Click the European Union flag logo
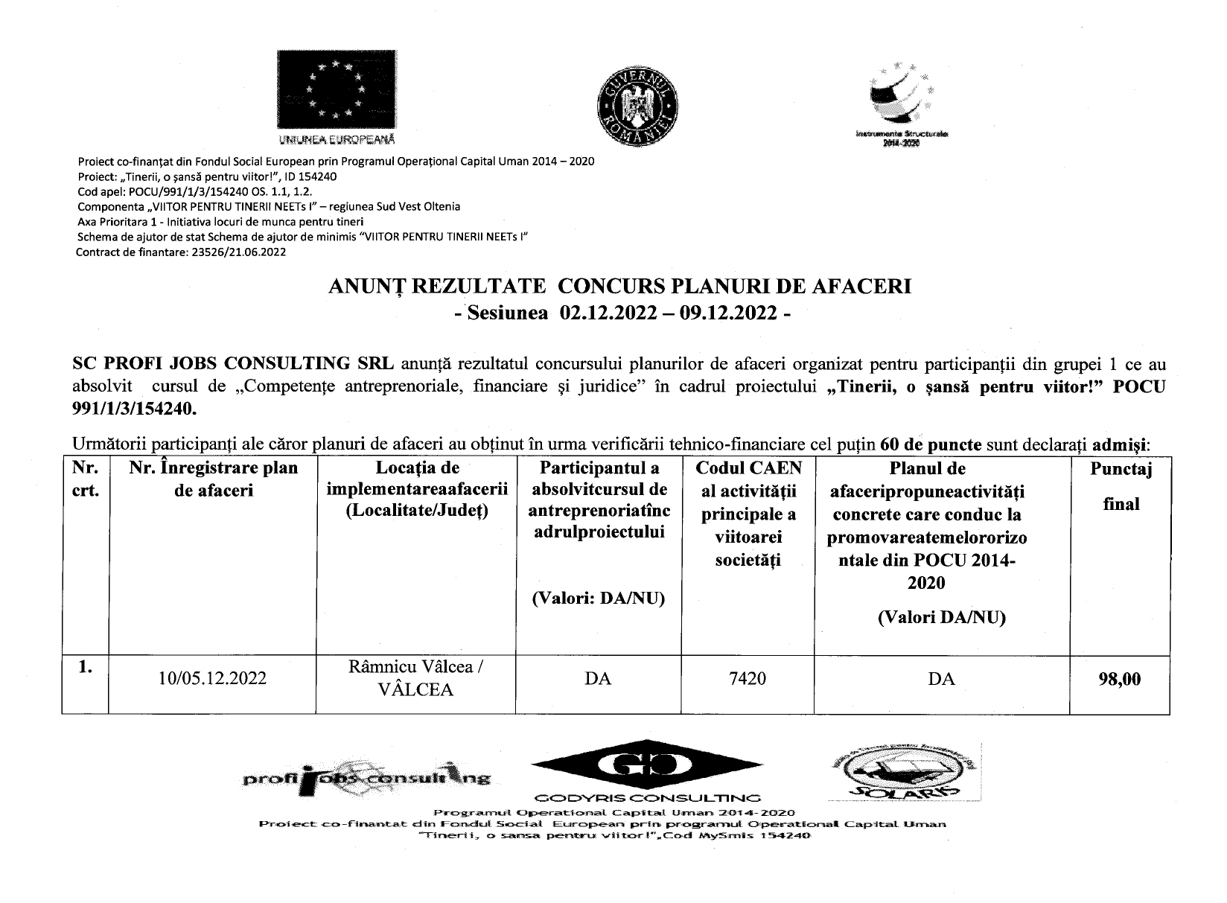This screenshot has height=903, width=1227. click(337, 89)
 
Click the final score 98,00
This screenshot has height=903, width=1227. click(1119, 679)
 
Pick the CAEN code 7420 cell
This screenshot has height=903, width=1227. click(748, 679)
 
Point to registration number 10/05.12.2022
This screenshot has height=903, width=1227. click(212, 679)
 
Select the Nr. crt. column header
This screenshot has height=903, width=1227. click(85, 480)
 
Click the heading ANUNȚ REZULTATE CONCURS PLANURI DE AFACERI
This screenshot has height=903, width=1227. click(620, 287)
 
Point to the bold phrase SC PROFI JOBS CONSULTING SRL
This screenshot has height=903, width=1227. click(232, 365)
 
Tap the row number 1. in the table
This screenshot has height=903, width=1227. click(85, 669)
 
